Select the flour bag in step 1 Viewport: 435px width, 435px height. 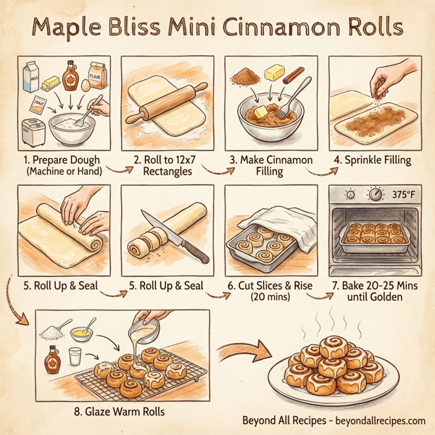(x=97, y=73)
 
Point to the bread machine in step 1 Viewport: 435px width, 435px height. (x=33, y=130)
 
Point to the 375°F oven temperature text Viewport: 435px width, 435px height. (x=405, y=194)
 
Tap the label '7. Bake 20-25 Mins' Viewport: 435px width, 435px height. (x=378, y=285)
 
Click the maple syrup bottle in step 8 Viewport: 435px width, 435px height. (x=53, y=358)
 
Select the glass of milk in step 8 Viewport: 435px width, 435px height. (x=75, y=357)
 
